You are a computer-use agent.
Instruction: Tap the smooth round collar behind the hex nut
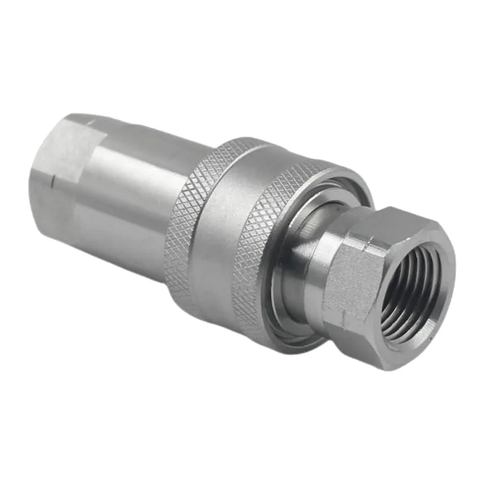pos(315,266)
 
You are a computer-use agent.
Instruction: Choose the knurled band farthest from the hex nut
pos(181,230)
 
